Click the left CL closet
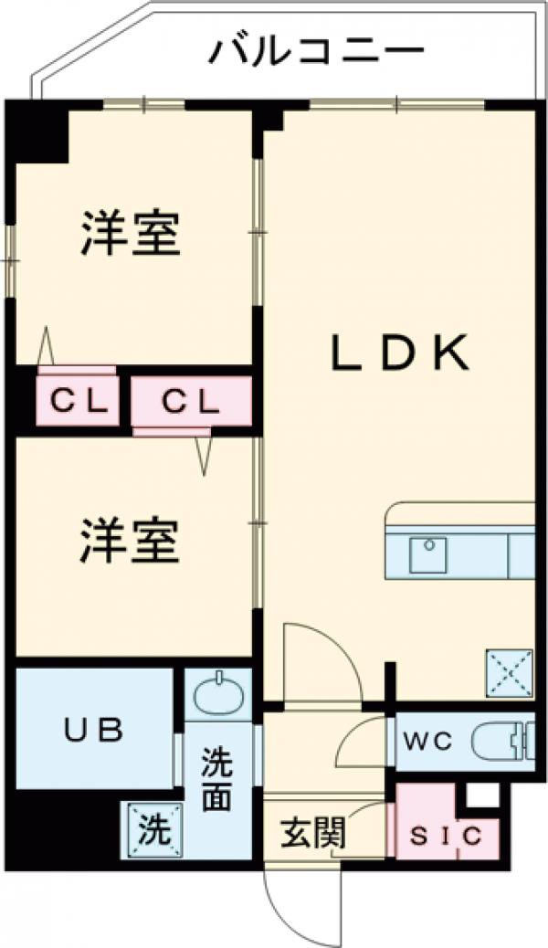[78, 400]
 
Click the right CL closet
[192, 400]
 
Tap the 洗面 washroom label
[216, 778]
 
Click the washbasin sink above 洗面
[217, 696]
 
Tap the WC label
[429, 742]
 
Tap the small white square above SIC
[483, 795]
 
